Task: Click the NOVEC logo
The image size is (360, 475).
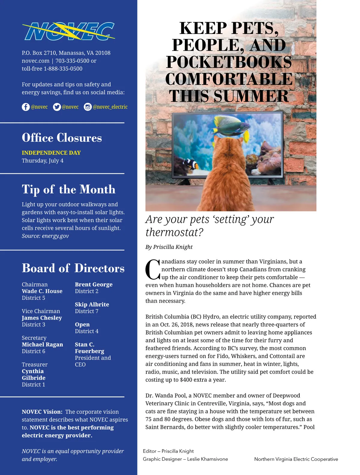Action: (68, 31)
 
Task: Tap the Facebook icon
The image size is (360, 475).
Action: (26, 107)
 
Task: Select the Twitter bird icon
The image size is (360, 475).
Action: (57, 107)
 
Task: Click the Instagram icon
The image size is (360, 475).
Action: (88, 107)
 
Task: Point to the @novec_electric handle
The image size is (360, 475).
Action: (110, 107)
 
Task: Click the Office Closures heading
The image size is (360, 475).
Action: (62, 138)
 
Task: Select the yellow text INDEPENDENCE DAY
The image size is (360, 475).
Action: (51, 153)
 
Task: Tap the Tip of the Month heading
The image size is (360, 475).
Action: (69, 189)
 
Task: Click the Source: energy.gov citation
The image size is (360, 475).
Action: (45, 236)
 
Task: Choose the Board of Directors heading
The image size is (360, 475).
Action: (73, 268)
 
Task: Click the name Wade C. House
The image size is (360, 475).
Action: (42, 291)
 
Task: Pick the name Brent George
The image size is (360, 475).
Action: (94, 284)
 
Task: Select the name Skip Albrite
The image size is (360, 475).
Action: (92, 304)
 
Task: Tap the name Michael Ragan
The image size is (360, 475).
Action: (42, 344)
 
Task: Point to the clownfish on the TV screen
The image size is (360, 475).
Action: (191, 164)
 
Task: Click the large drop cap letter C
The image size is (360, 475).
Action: (153, 269)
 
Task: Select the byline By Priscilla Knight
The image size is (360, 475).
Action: (169, 247)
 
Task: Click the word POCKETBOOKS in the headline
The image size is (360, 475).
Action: (229, 62)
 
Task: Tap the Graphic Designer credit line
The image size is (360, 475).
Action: (185, 459)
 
